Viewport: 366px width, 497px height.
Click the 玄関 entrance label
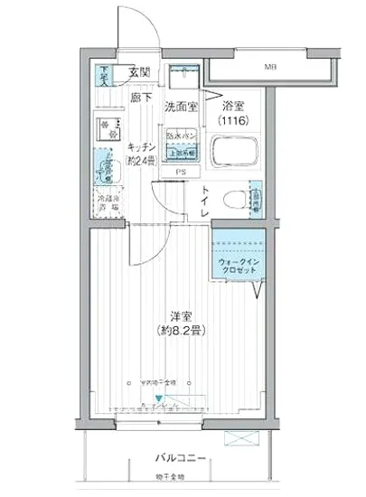(139, 71)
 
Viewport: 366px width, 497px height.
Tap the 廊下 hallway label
(139, 95)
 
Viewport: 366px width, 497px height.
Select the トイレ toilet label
(206, 201)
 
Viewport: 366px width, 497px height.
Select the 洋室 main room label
(180, 316)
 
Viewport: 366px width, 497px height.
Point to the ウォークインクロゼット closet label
(239, 268)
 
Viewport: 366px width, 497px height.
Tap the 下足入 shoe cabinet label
(106, 74)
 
